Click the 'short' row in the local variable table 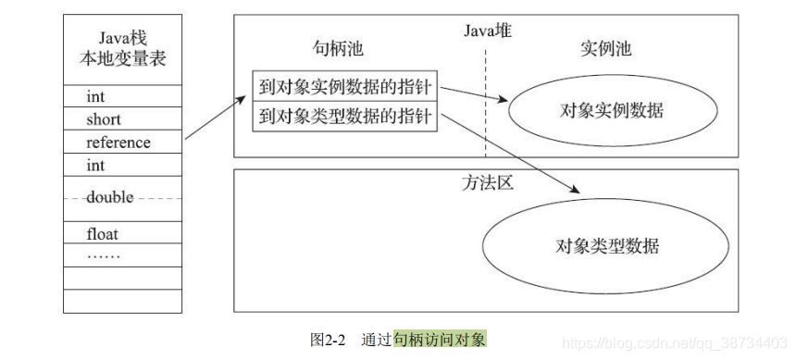(104, 119)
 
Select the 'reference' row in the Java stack (118, 143)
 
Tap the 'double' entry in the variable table (109, 197)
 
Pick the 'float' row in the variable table (103, 234)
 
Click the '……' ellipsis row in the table (103, 254)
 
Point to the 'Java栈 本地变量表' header (123, 48)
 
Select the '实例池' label (605, 49)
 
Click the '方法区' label (487, 181)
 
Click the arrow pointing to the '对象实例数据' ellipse (474, 95)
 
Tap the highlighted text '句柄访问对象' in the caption (439, 340)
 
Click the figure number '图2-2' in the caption (328, 340)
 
